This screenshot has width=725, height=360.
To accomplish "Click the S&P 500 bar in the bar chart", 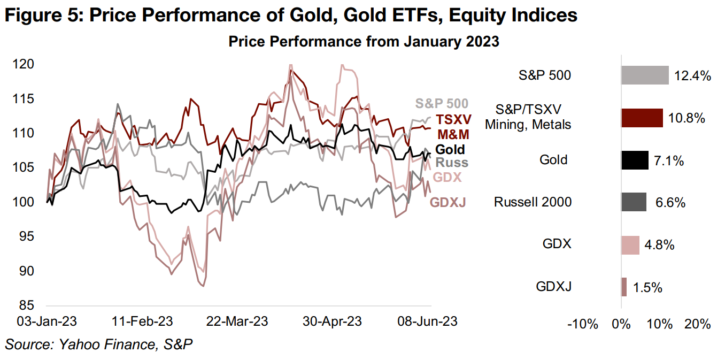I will [645, 75].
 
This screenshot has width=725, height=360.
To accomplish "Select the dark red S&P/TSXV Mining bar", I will [642, 118].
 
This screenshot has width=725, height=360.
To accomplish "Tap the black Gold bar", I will [635, 160].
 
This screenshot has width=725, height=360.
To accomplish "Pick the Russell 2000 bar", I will [634, 202].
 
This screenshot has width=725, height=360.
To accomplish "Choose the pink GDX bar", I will [630, 244].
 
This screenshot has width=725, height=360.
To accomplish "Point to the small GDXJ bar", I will [624, 287].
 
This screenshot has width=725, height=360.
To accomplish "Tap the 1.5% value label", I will [648, 288].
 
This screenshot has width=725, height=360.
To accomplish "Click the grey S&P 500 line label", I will [442, 104].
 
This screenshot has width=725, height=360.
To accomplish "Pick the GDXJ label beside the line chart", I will [448, 202].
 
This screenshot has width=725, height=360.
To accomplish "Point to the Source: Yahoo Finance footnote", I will [98, 345].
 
